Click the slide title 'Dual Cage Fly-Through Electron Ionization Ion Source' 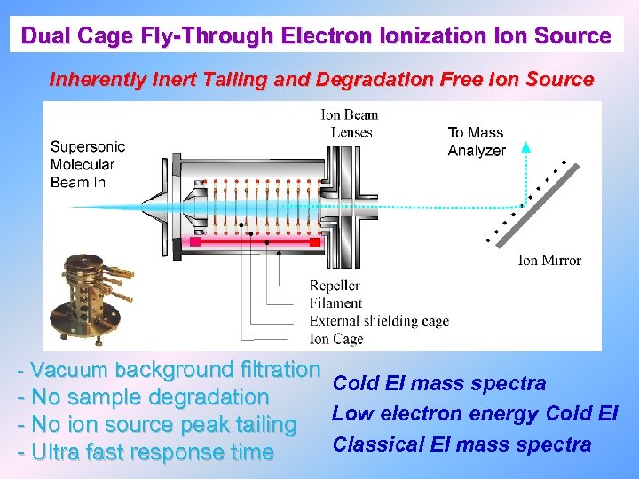pyautogui.click(x=316, y=36)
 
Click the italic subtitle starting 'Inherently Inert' pyautogui.click(x=321, y=79)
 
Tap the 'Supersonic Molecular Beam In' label pyautogui.click(x=87, y=164)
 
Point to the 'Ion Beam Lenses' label pyautogui.click(x=349, y=123)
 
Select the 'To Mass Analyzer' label pyautogui.click(x=476, y=142)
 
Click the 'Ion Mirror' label pyautogui.click(x=549, y=260)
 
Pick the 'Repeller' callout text pyautogui.click(x=335, y=286)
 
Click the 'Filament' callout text pyautogui.click(x=336, y=303)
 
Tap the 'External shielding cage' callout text pyautogui.click(x=379, y=321)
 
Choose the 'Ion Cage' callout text pyautogui.click(x=336, y=339)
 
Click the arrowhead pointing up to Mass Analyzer pyautogui.click(x=525, y=149)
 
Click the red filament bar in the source pyautogui.click(x=254, y=241)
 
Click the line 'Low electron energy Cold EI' pyautogui.click(x=475, y=413)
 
